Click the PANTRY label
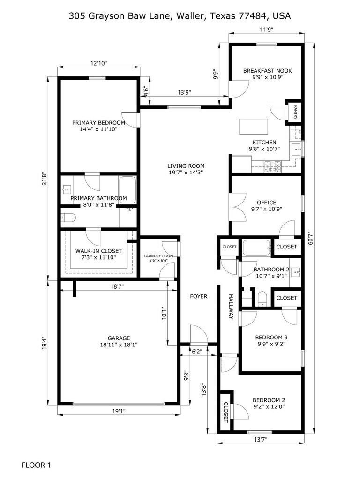tap(296, 112)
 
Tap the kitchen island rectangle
tap(254, 127)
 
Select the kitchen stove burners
tap(273, 166)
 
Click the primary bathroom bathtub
tap(127, 190)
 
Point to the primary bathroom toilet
tap(68, 217)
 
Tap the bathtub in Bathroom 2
tap(257, 247)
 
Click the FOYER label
tap(199, 296)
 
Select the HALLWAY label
tap(231, 307)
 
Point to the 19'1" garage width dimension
tap(119, 412)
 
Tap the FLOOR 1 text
tap(36, 465)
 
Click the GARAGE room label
tap(119, 338)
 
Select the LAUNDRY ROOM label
tap(158, 256)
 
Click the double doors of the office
tap(239, 207)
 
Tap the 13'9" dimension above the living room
tap(185, 92)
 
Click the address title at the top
tap(180, 15)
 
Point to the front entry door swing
tap(199, 334)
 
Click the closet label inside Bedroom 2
tap(226, 412)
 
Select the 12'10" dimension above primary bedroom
tap(98, 63)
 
